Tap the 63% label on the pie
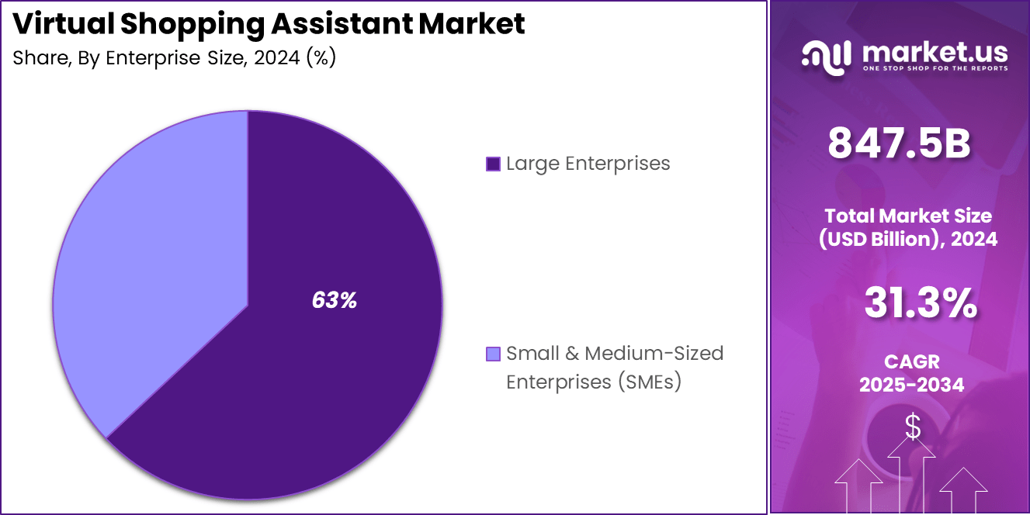[x=335, y=301]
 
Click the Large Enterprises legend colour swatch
[x=492, y=164]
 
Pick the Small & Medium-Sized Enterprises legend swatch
[x=492, y=354]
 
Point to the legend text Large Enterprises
[x=588, y=164]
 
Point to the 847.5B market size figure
[x=899, y=144]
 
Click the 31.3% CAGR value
[x=921, y=304]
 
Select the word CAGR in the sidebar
[x=911, y=361]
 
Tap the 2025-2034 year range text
[x=911, y=385]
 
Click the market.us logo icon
[x=827, y=57]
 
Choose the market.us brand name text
[x=935, y=52]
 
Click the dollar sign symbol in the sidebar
[x=913, y=426]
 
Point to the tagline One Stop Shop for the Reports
[x=935, y=69]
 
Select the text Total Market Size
[x=908, y=216]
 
